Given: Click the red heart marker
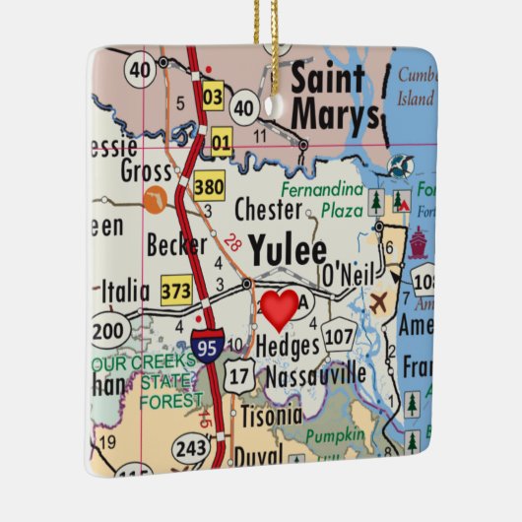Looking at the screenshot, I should coord(279,310).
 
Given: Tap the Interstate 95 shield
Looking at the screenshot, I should coord(208,347).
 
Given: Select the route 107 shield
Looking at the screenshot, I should coord(340,338).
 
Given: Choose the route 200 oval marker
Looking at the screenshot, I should coord(109,329).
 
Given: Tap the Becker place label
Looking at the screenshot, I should coord(177,244).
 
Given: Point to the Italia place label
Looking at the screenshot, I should coord(125,292).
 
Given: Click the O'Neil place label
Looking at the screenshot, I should coord(343,273).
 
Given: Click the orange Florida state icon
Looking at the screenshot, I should coord(153,204).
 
